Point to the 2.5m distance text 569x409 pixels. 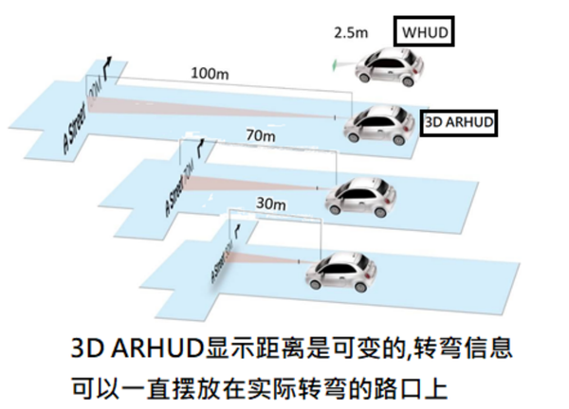pos(351,33)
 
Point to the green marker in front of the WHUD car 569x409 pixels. pos(335,65)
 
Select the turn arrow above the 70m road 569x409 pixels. pos(200,148)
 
